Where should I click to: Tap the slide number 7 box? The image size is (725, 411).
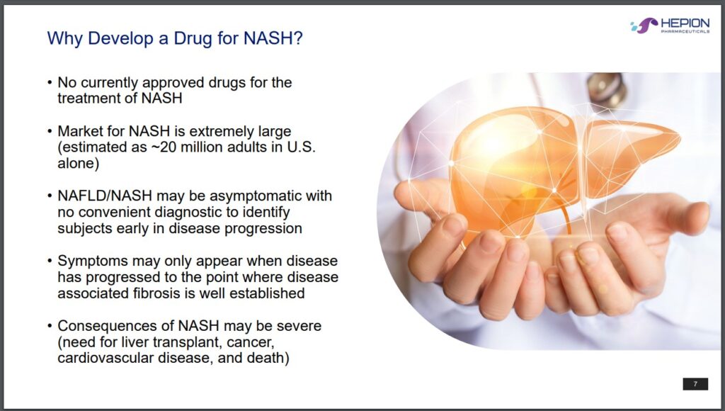coord(695,383)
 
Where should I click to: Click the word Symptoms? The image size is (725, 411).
coord(93,261)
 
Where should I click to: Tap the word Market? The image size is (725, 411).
coord(80,131)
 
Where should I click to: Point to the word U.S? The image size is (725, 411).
coord(301,147)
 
